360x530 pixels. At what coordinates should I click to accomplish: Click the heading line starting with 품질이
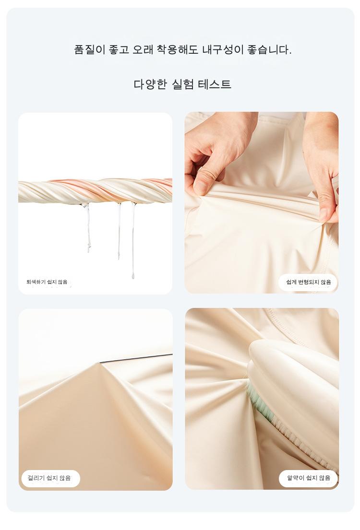pyautogui.click(x=183, y=50)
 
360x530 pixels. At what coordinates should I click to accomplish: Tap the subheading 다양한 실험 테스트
pyautogui.click(x=182, y=84)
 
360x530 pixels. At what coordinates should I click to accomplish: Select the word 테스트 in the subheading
pyautogui.click(x=215, y=84)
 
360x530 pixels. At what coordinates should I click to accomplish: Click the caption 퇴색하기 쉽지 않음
pyautogui.click(x=47, y=282)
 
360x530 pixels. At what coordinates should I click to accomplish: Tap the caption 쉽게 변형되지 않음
pyautogui.click(x=309, y=282)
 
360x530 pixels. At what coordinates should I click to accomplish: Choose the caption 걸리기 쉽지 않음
pyautogui.click(x=49, y=478)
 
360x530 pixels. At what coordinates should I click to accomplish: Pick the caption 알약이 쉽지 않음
pyautogui.click(x=309, y=478)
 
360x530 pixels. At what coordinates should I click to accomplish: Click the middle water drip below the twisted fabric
pyautogui.click(x=119, y=231)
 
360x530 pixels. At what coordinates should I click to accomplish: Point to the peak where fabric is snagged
pyautogui.click(x=99, y=363)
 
